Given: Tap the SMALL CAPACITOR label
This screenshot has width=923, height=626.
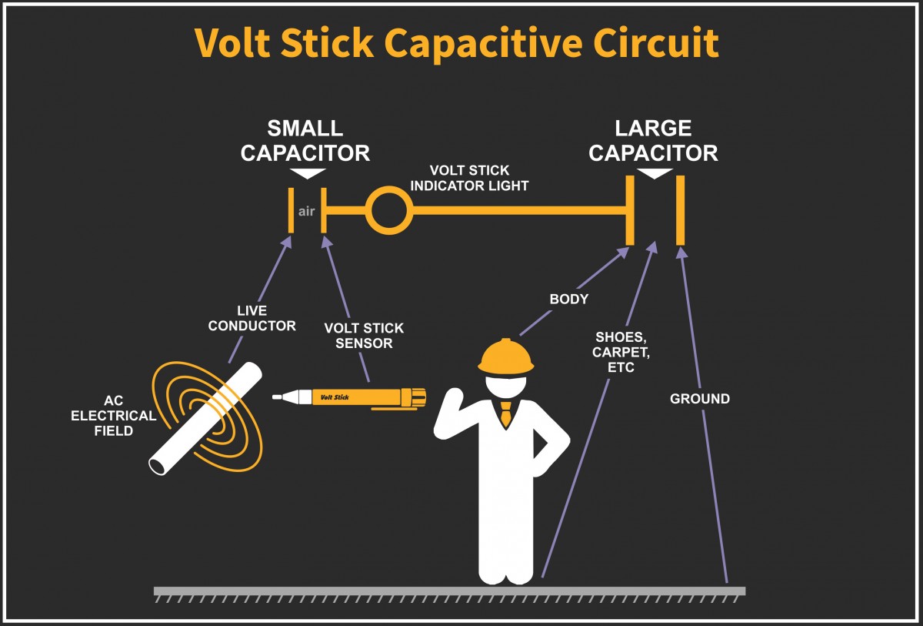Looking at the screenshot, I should (x=305, y=141).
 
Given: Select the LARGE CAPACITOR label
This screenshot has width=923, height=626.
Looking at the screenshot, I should (x=653, y=141).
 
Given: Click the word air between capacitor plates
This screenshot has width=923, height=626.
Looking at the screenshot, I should (x=307, y=211).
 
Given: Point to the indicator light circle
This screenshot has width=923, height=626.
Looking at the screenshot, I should (x=388, y=209).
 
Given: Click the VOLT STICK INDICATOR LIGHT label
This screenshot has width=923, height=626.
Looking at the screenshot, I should (x=469, y=178).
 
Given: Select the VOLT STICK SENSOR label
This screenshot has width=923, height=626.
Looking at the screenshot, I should (x=364, y=336).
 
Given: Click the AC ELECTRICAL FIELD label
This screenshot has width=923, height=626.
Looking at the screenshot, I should (x=113, y=416).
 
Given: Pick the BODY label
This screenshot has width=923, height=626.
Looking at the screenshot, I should (x=568, y=299).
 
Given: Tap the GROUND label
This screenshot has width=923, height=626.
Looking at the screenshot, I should (x=699, y=399).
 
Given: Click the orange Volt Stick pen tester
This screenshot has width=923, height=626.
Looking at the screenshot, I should (x=362, y=397).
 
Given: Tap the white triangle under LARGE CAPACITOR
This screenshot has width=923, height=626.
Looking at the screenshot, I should (x=655, y=174).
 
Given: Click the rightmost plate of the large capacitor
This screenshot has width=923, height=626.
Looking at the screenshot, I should (x=680, y=210).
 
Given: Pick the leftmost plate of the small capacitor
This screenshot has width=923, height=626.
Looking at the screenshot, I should (x=291, y=210).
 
